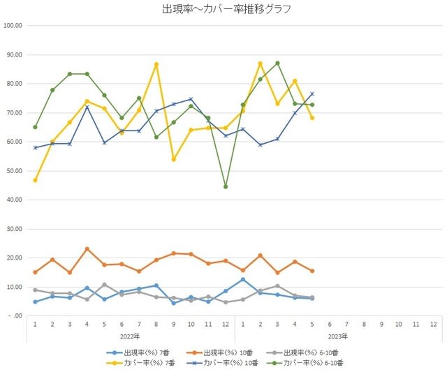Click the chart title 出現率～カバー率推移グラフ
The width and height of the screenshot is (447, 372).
pos(226,9)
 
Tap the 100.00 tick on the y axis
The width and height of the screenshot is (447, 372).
pos(13,26)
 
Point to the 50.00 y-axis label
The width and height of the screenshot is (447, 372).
pos(14,171)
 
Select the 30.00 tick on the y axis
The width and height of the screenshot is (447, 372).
pos(14,229)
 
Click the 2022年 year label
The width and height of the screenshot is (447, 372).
pos(130,336)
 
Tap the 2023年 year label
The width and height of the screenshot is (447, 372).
pos(338,336)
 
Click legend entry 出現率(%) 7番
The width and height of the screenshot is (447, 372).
pos(138,353)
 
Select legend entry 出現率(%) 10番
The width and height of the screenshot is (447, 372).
pos(219,353)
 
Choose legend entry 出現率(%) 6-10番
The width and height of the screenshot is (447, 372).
pos(302,353)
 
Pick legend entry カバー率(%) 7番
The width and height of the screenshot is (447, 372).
pos(141,363)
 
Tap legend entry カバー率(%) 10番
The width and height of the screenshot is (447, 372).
pos(222,363)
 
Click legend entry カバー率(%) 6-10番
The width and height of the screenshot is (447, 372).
pos(305,363)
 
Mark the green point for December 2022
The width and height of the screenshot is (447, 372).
pos(226,187)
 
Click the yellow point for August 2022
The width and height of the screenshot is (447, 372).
pos(156,64)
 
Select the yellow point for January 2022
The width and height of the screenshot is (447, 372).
pos(35,180)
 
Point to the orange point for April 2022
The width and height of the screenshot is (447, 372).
pos(87,249)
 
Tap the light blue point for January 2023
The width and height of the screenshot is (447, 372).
pos(243,280)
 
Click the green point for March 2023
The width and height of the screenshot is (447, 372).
pos(277,63)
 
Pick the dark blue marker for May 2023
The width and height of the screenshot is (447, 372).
pos(312,94)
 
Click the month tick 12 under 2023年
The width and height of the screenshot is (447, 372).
pos(433,324)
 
